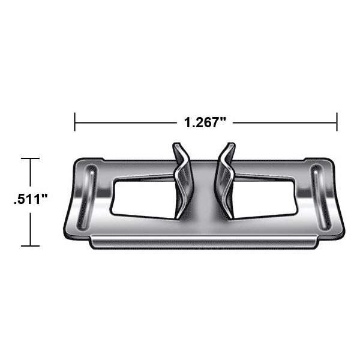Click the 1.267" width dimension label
tap(205, 122)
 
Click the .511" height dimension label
tap(31, 199)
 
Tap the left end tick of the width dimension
tap(74, 122)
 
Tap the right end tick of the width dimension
tap(337, 122)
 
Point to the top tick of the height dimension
tap(31, 158)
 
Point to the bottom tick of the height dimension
tap(31, 246)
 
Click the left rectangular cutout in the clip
tap(142, 199)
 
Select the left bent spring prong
tap(182, 181)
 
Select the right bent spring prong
tap(225, 181)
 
